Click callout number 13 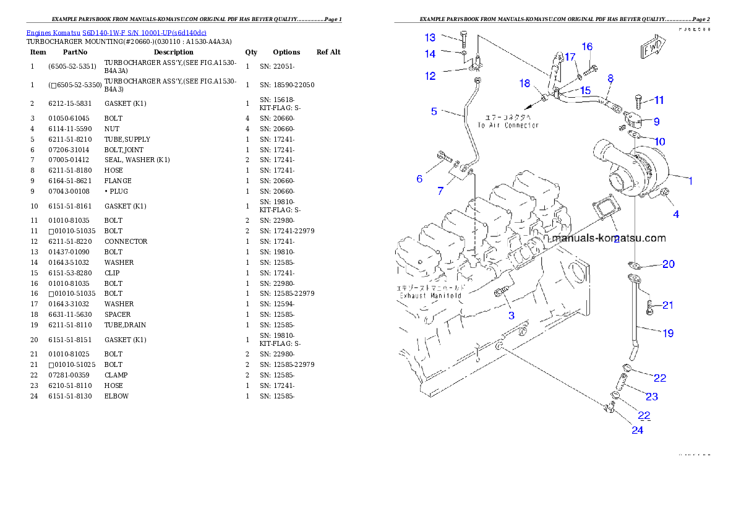tap(430, 38)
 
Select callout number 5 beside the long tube tap(434, 111)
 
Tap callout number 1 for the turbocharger tap(691, 181)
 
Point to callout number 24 tap(637, 430)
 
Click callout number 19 tap(668, 334)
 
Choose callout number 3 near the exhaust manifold tap(511, 316)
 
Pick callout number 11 tap(659, 100)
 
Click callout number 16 tap(587, 47)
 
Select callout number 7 tap(440, 191)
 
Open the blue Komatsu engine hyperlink tap(116, 32)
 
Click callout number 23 tap(652, 397)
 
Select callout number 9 tap(656, 121)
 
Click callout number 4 tap(676, 214)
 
